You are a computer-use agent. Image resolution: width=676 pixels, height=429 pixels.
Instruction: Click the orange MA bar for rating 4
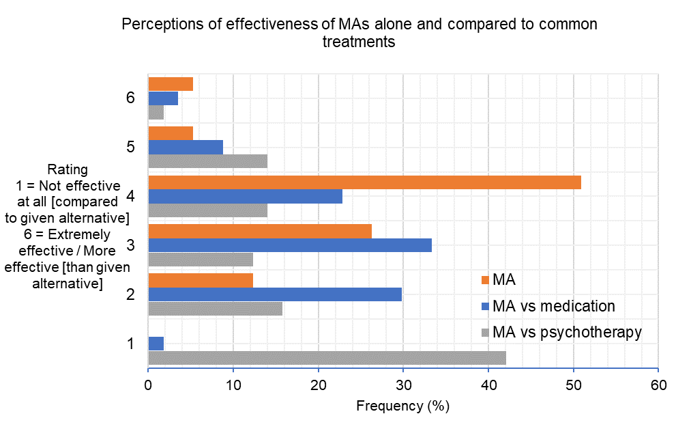[364, 182]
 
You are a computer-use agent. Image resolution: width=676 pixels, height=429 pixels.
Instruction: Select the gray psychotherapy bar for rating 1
[327, 358]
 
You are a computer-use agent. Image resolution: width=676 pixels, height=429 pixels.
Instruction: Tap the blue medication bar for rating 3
[290, 245]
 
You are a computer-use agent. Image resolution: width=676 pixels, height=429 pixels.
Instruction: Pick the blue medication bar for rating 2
[275, 294]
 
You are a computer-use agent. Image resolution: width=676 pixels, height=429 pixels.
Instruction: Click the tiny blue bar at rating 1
[156, 344]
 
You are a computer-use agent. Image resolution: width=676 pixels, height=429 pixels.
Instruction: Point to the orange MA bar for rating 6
[171, 84]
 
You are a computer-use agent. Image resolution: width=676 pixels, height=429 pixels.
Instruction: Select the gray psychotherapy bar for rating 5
[207, 161]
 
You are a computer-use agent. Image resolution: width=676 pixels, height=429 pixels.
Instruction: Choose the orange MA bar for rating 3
[260, 231]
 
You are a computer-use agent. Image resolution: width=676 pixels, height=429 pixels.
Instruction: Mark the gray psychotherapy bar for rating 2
[215, 309]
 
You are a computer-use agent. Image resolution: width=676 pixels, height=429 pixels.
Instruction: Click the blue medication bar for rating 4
[245, 197]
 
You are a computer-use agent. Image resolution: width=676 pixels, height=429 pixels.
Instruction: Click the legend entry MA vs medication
[553, 305]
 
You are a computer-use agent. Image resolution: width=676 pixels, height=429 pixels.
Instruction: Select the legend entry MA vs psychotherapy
[566, 332]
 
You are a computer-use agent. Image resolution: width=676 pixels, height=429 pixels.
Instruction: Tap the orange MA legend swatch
[485, 279]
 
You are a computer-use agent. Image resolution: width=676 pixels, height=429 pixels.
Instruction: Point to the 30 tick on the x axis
[403, 385]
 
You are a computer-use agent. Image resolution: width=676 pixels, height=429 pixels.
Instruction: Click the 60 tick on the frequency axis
[658, 385]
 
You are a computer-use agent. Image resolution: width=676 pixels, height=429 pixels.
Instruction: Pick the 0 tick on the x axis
[148, 385]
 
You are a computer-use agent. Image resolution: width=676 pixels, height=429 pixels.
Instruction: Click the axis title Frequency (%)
[402, 406]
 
